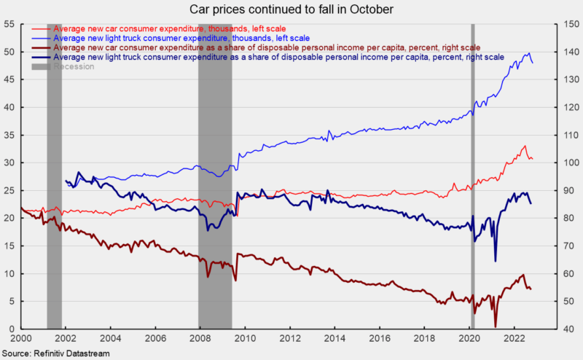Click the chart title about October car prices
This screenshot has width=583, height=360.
point(291,9)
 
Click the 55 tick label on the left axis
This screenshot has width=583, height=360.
point(10,24)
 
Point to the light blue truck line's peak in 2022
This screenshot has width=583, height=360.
point(528,53)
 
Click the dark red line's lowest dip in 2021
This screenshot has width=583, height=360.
point(496,326)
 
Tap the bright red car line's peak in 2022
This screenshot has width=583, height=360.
point(525,146)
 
